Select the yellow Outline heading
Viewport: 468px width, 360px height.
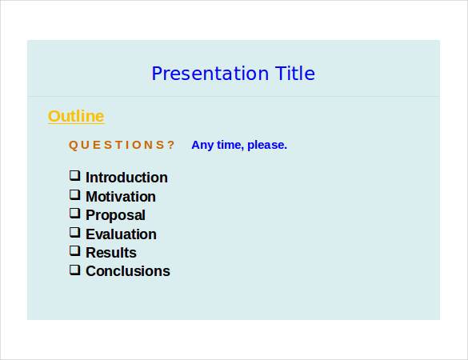click(x=76, y=116)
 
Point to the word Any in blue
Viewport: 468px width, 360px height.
click(x=202, y=145)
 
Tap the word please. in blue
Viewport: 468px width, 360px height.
click(x=267, y=145)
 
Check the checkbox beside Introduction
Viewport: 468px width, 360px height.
click(x=74, y=176)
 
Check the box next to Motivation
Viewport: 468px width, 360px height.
click(x=74, y=194)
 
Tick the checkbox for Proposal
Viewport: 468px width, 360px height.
click(x=74, y=214)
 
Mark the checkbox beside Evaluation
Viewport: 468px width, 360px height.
click(x=74, y=233)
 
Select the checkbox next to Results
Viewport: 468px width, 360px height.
click(x=74, y=251)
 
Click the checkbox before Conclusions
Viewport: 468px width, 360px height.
click(x=74, y=270)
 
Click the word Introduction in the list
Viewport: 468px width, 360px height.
click(x=126, y=178)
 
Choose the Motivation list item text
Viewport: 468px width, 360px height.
click(x=121, y=197)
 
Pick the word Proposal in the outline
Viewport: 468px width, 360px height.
click(x=115, y=215)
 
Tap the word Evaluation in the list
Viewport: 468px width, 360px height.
click(x=121, y=234)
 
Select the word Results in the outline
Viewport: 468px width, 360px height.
click(x=111, y=253)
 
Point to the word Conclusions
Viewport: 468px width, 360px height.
click(x=128, y=271)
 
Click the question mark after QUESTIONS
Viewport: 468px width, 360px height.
click(x=171, y=145)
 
